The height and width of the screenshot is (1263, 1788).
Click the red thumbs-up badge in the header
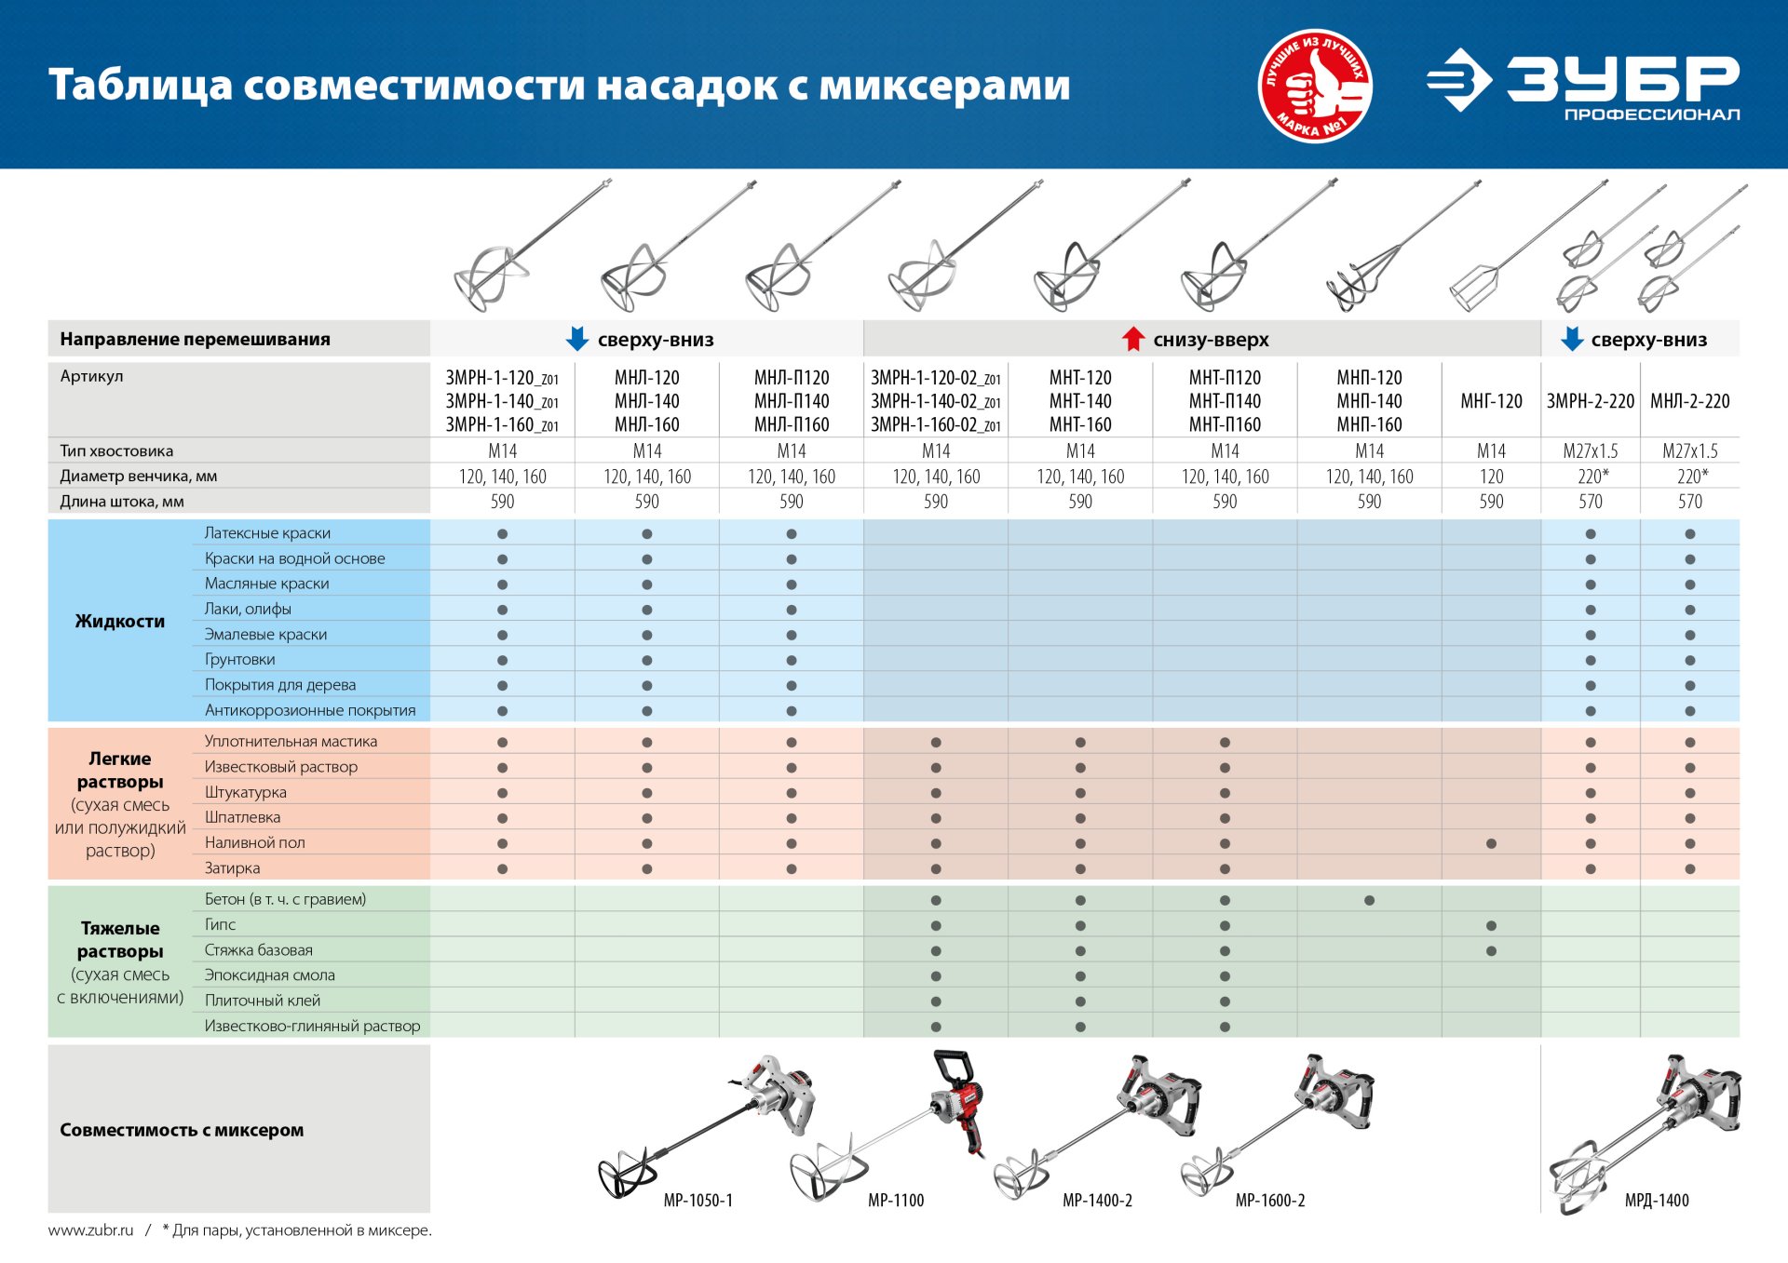(x=1315, y=85)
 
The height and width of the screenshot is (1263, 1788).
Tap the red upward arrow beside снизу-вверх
(x=1132, y=339)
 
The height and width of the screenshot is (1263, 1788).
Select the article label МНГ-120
(x=1491, y=401)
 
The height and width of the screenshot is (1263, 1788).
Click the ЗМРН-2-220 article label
(x=1590, y=401)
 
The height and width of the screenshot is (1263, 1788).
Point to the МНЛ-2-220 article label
(x=1689, y=401)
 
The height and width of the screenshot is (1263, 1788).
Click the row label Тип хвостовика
(x=116, y=450)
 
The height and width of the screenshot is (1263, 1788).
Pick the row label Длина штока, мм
(x=122, y=502)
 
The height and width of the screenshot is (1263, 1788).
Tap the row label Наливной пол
(x=254, y=842)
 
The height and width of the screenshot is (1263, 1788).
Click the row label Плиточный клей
(x=262, y=1001)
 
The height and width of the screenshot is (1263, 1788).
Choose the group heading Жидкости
(x=120, y=621)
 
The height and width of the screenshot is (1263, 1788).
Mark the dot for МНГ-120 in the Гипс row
(x=1491, y=926)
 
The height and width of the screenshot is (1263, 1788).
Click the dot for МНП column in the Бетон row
(x=1369, y=900)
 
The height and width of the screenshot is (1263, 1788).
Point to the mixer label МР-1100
(x=896, y=1201)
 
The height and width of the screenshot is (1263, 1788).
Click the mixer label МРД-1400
(x=1657, y=1201)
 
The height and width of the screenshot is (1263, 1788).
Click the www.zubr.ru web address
(x=90, y=1230)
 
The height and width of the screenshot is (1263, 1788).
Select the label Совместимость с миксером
(x=182, y=1130)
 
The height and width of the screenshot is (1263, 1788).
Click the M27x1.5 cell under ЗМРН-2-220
(x=1590, y=451)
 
